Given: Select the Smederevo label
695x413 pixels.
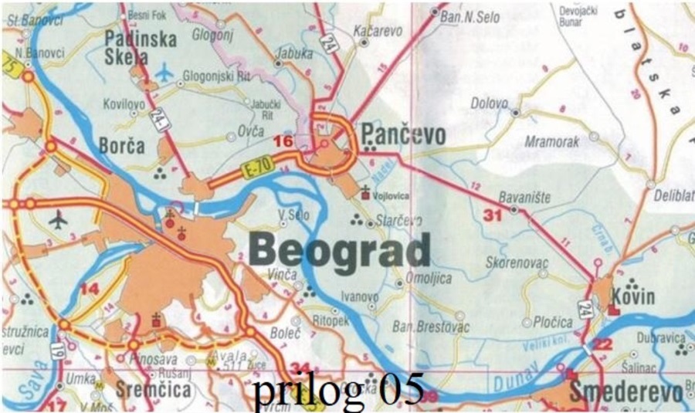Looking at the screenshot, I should (x=625, y=391).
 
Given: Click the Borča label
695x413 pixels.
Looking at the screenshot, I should (x=122, y=145).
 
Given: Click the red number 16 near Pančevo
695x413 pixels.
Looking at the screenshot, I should (x=283, y=141).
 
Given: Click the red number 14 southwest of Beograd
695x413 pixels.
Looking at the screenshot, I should (x=90, y=289).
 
